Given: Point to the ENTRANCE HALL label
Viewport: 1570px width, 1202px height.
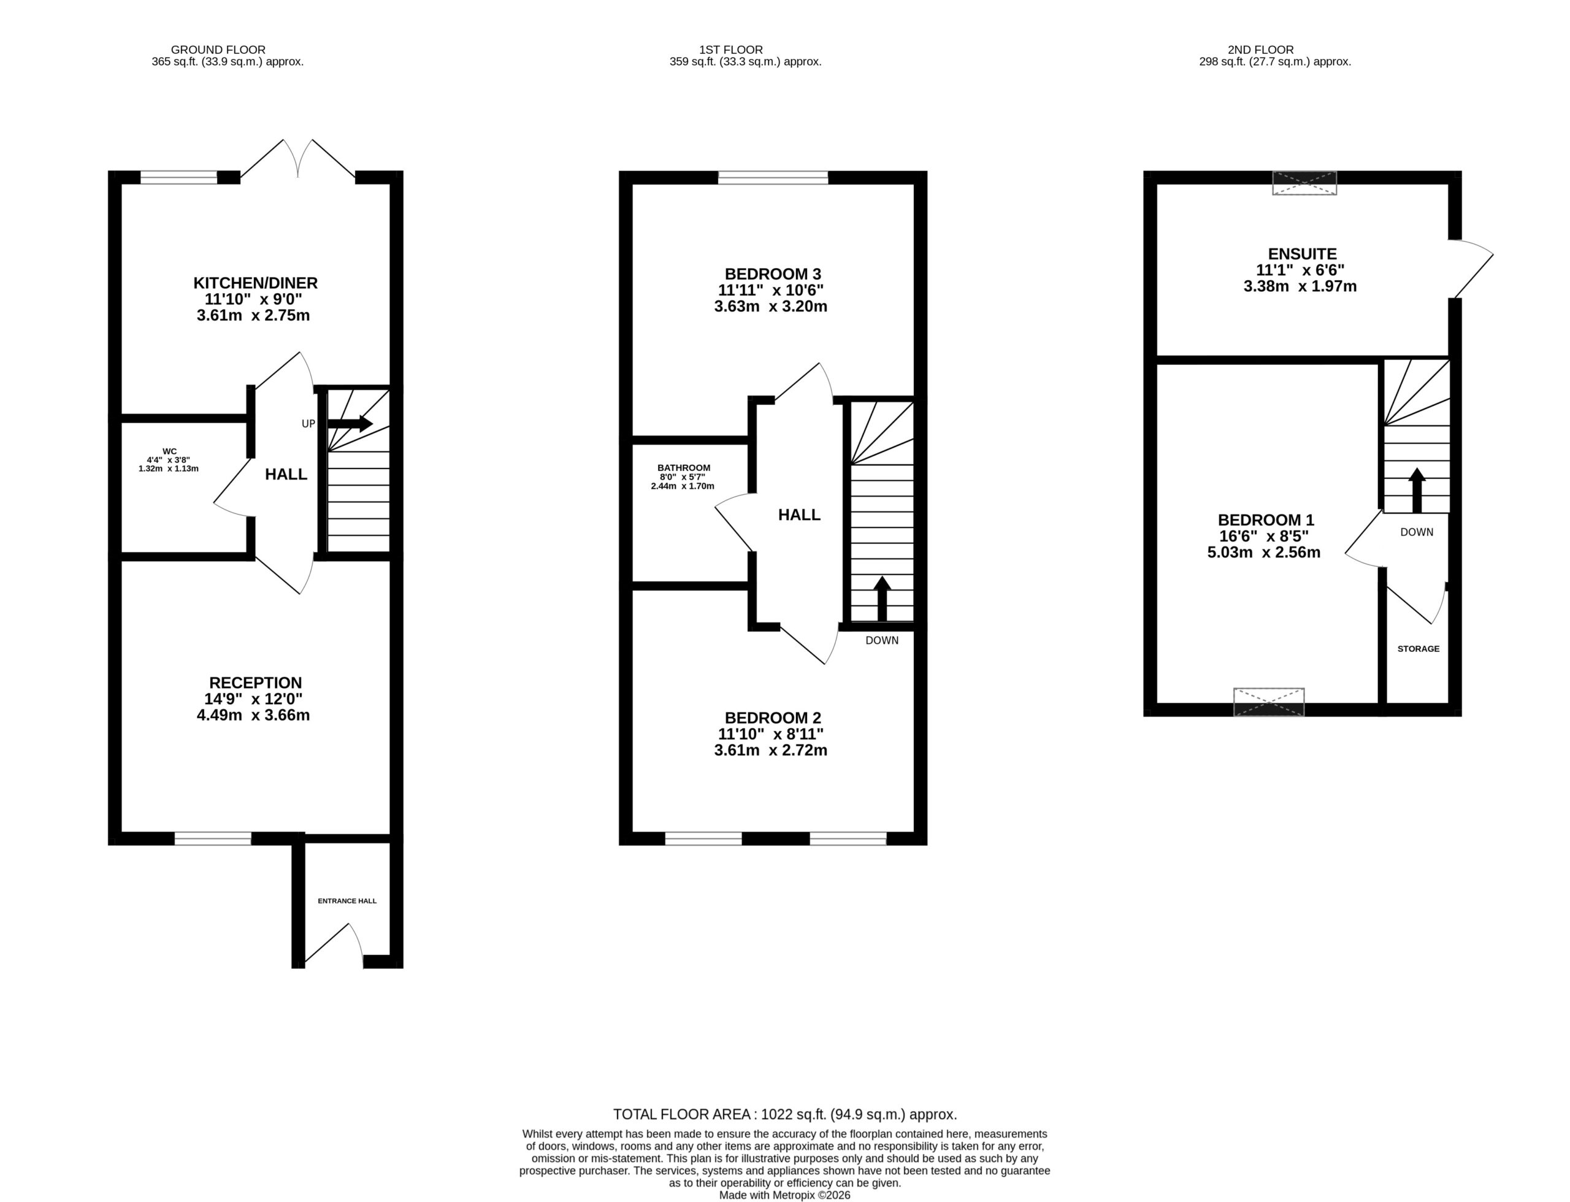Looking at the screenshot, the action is point(347,901).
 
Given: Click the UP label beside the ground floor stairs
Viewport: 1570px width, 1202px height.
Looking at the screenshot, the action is point(308,424).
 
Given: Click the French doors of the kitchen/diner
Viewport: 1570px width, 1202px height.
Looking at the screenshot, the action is point(297,159).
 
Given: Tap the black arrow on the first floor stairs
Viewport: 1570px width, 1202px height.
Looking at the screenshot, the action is point(882,598).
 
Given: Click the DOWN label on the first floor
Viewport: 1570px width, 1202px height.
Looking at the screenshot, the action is point(882,640).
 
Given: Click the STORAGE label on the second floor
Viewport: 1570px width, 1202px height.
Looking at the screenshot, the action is point(1419,649).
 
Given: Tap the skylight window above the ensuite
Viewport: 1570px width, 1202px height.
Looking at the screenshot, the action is point(1304,183).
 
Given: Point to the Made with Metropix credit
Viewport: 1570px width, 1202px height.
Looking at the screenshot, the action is point(785,1195).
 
